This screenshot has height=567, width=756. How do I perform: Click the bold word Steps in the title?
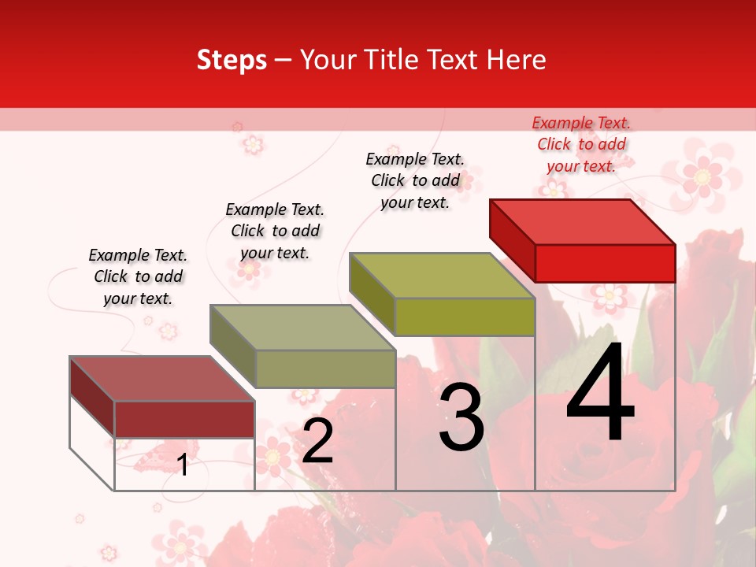(231, 60)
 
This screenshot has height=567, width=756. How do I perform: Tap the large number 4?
(600, 394)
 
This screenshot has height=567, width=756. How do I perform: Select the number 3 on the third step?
(461, 417)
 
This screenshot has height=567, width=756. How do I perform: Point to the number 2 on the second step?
(317, 441)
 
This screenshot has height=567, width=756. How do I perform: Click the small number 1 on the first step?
(183, 465)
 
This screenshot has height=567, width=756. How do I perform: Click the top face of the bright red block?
(583, 221)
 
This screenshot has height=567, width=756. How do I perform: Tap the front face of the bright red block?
(605, 263)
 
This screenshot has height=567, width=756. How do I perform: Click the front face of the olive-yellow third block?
(465, 317)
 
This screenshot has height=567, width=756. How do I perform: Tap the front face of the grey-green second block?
(325, 369)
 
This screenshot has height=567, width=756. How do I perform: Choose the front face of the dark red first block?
(184, 419)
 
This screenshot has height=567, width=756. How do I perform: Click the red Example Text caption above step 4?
(581, 144)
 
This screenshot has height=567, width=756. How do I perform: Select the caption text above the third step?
(415, 180)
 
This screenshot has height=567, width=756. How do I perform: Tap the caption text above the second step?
(275, 231)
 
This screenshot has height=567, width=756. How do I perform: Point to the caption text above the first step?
(138, 276)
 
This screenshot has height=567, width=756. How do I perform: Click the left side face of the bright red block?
(512, 236)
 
